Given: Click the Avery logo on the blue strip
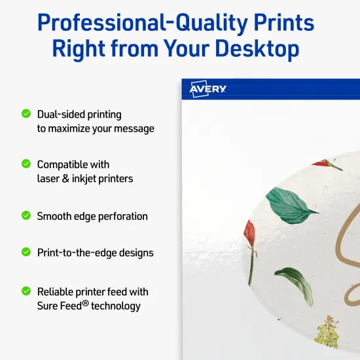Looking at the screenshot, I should [208, 90].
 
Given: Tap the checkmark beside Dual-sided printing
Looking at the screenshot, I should [26, 113].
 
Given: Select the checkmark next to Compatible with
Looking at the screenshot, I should [26, 163].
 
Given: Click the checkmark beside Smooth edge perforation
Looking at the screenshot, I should [26, 215].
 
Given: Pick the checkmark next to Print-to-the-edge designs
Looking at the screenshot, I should [26, 251].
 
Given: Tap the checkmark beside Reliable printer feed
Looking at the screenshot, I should [26, 291].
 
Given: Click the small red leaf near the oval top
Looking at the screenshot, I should [327, 164].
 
